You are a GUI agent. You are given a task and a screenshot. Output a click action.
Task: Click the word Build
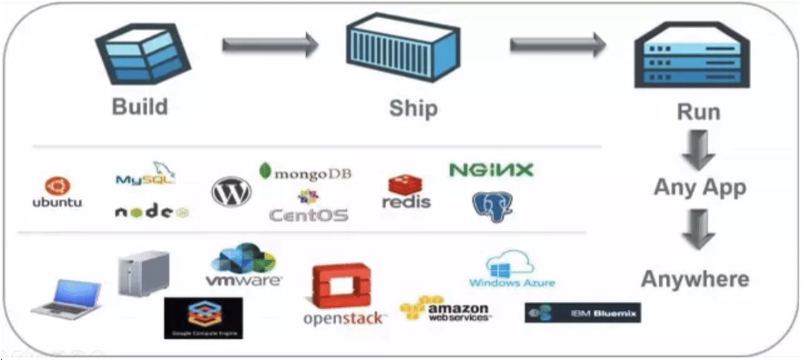[x=140, y=106]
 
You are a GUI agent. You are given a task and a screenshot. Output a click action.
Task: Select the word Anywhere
[x=695, y=279]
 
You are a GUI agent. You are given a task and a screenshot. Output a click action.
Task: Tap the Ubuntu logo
[x=57, y=192]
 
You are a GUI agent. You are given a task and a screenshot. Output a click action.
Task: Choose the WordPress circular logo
[x=231, y=191]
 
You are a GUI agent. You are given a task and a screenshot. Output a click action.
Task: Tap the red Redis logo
[x=406, y=191]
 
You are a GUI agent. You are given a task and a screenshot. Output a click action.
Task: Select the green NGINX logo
[x=491, y=169]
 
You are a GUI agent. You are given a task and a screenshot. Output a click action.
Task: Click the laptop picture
[x=67, y=299]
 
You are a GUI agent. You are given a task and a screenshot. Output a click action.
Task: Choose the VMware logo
[x=244, y=266]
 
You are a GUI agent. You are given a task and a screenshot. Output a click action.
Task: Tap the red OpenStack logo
[x=342, y=295]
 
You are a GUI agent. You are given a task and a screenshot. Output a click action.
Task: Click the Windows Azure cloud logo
[x=512, y=270]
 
